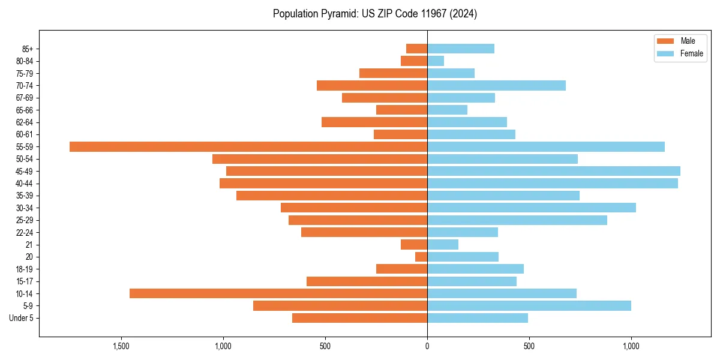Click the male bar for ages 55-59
pos(248,146)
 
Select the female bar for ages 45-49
pos(553,171)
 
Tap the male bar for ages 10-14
pos(278,293)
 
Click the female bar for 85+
pos(460,49)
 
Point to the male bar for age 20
pos(421,257)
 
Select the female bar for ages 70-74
pos(496,85)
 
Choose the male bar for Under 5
pos(359,318)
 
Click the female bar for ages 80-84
pos(436,61)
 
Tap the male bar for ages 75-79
pos(393,73)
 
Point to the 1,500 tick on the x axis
pos(121,346)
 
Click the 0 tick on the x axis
pos(427,346)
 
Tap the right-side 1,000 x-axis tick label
pos(631,346)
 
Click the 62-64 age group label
pos(25,122)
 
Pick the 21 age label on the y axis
pos(29,245)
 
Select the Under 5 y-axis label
pos(21,318)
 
